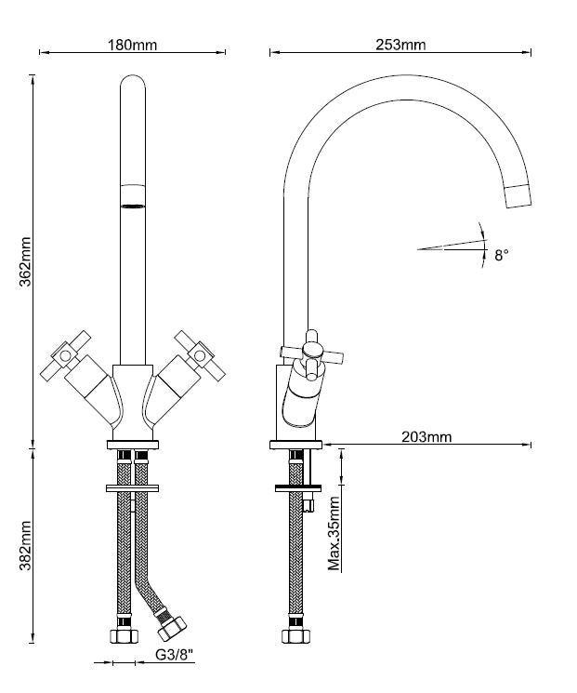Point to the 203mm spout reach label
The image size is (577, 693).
click(x=426, y=436)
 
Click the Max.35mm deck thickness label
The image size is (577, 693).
click(x=334, y=533)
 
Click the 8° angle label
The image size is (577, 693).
click(x=501, y=254)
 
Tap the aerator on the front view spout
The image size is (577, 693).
click(x=134, y=196)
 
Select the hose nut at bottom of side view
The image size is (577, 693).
click(x=295, y=634)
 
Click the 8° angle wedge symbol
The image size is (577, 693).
click(x=452, y=245)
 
